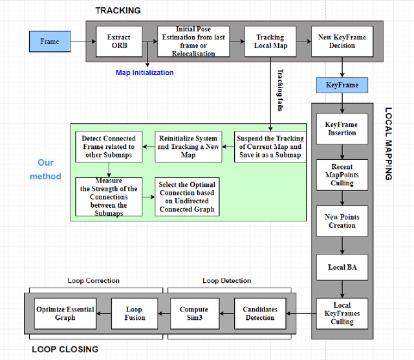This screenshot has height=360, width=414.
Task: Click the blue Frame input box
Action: point(50,41)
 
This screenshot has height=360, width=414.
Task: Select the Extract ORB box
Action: point(118,41)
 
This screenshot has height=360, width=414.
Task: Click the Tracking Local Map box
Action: point(269,41)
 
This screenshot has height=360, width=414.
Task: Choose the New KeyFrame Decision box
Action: point(342,41)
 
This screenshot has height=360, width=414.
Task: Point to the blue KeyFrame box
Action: point(342,85)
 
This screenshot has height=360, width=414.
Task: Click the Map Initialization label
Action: point(145,73)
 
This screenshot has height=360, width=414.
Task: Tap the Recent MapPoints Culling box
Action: point(342,175)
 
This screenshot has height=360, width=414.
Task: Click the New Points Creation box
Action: point(342,221)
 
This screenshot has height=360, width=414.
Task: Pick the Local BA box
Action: point(342,266)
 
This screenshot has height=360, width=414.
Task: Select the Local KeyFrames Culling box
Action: point(342,313)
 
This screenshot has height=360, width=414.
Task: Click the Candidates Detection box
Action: point(259,313)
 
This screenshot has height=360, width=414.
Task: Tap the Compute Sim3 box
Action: point(194,313)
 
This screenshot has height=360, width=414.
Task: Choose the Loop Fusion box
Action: point(135,313)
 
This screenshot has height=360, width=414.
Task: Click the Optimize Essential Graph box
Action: point(65,313)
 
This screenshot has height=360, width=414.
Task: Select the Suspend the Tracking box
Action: point(269,146)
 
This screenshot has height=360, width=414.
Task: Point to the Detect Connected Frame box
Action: point(109,146)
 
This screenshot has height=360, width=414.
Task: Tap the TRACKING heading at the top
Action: point(118,10)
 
